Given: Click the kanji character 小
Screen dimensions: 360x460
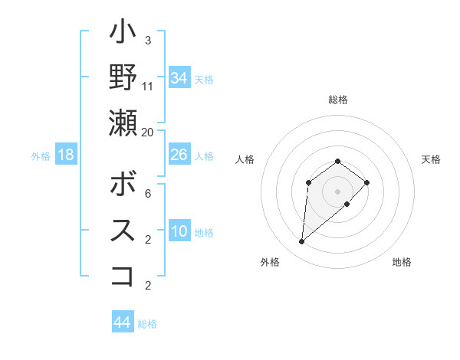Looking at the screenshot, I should [x=123, y=34].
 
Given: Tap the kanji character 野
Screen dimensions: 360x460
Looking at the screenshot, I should [x=123, y=77].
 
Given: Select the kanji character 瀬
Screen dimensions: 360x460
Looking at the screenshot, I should [x=123, y=122].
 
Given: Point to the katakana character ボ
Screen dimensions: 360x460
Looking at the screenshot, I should [x=123, y=185].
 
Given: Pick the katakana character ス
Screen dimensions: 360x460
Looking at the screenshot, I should [x=123, y=231].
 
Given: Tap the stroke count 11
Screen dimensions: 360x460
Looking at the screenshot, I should [x=148, y=86].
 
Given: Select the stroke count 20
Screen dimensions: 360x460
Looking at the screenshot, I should [x=148, y=131].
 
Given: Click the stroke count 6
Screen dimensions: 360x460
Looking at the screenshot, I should [x=148, y=194].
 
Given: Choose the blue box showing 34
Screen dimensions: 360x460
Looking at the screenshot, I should [x=179, y=78].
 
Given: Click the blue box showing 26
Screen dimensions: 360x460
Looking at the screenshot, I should [x=179, y=155].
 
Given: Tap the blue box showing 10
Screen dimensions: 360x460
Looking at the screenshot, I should [x=179, y=231].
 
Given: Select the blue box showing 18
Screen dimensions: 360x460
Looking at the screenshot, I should [x=66, y=155].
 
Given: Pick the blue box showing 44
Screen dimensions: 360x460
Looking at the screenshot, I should [x=123, y=322].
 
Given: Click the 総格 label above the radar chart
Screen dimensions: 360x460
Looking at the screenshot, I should [x=338, y=100].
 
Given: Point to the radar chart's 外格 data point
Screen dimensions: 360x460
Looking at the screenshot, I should [x=301, y=242].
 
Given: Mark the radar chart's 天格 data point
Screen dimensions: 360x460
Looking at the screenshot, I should [x=367, y=182].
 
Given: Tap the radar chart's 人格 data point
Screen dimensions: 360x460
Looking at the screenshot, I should [x=308, y=182].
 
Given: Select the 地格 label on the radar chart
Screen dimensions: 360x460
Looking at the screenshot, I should [x=402, y=262].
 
